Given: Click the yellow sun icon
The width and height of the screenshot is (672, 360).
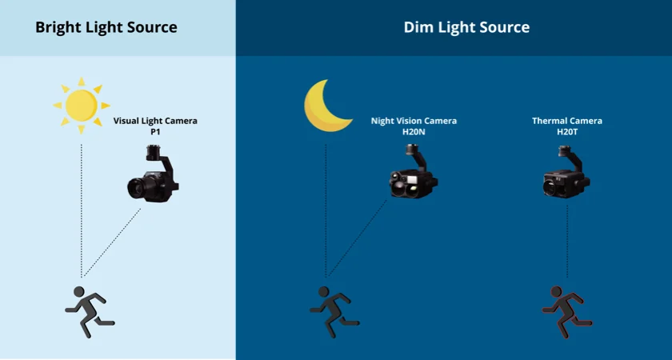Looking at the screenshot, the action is click(x=82, y=106).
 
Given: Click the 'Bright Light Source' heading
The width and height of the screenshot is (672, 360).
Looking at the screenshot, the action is click(x=106, y=27).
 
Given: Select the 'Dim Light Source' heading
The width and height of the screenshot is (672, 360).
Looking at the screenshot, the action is click(x=466, y=27).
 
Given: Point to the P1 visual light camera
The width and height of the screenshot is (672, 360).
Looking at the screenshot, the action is click(x=153, y=174).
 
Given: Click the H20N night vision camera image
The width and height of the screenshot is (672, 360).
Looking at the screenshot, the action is click(x=413, y=172).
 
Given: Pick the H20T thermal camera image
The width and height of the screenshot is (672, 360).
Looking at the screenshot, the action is click(x=566, y=172).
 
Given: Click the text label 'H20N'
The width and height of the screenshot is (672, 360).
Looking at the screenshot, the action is click(x=414, y=132).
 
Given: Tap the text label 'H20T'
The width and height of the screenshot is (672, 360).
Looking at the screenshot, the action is click(x=567, y=132).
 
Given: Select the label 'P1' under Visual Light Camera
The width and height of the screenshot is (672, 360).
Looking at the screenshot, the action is click(x=155, y=132).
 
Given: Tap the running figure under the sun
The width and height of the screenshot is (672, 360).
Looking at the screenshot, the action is click(x=88, y=311).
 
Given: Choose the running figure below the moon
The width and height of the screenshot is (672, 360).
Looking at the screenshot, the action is click(x=333, y=311).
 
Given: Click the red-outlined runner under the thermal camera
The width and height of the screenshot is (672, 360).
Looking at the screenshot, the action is click(x=566, y=311).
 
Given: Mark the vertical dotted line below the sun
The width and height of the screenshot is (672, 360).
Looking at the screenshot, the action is click(x=82, y=211).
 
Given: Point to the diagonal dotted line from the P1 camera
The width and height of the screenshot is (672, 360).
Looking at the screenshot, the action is click(x=112, y=242).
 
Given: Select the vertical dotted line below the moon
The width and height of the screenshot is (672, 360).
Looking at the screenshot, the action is click(x=326, y=211).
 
